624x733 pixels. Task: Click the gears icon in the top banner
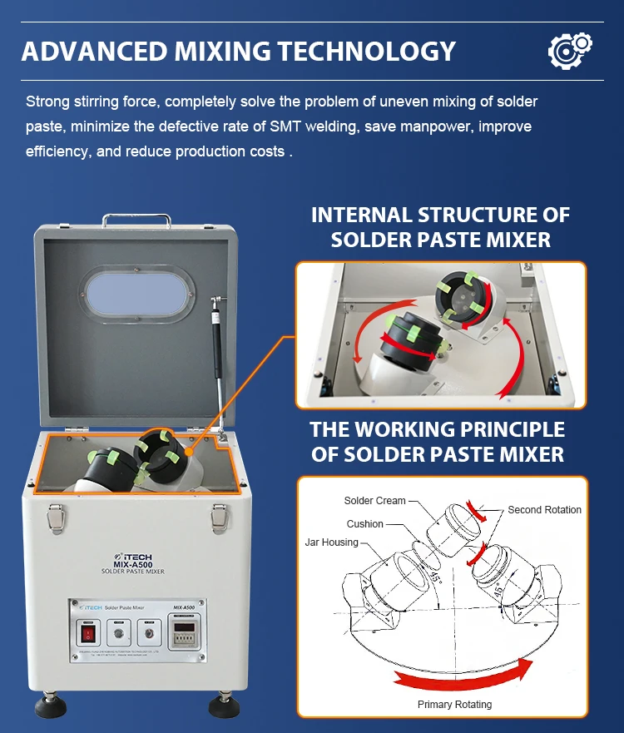coord(570,50)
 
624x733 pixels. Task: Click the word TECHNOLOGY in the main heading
coord(366,51)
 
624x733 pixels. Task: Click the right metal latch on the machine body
coord(220,515)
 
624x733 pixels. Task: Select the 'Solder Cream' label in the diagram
coord(374,501)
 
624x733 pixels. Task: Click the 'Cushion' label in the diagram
coord(364,524)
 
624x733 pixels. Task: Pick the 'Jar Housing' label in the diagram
coord(331,542)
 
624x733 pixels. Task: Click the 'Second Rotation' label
coord(544,510)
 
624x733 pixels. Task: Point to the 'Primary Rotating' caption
coord(454,705)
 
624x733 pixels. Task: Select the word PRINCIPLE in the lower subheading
coord(511,430)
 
